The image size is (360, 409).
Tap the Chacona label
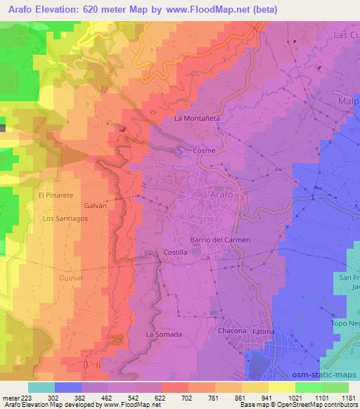tap(232, 330)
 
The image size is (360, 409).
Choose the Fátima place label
tap(263, 331)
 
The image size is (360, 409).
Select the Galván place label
tap(95, 206)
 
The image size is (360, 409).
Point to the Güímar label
tap(71, 278)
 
